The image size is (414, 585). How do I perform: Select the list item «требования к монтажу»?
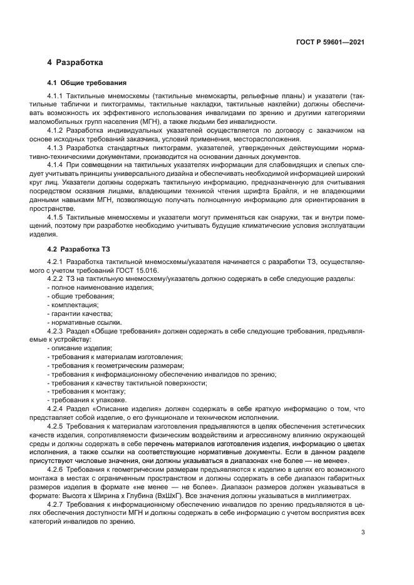point(85,391)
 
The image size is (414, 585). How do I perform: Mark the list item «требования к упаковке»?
point(86,400)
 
